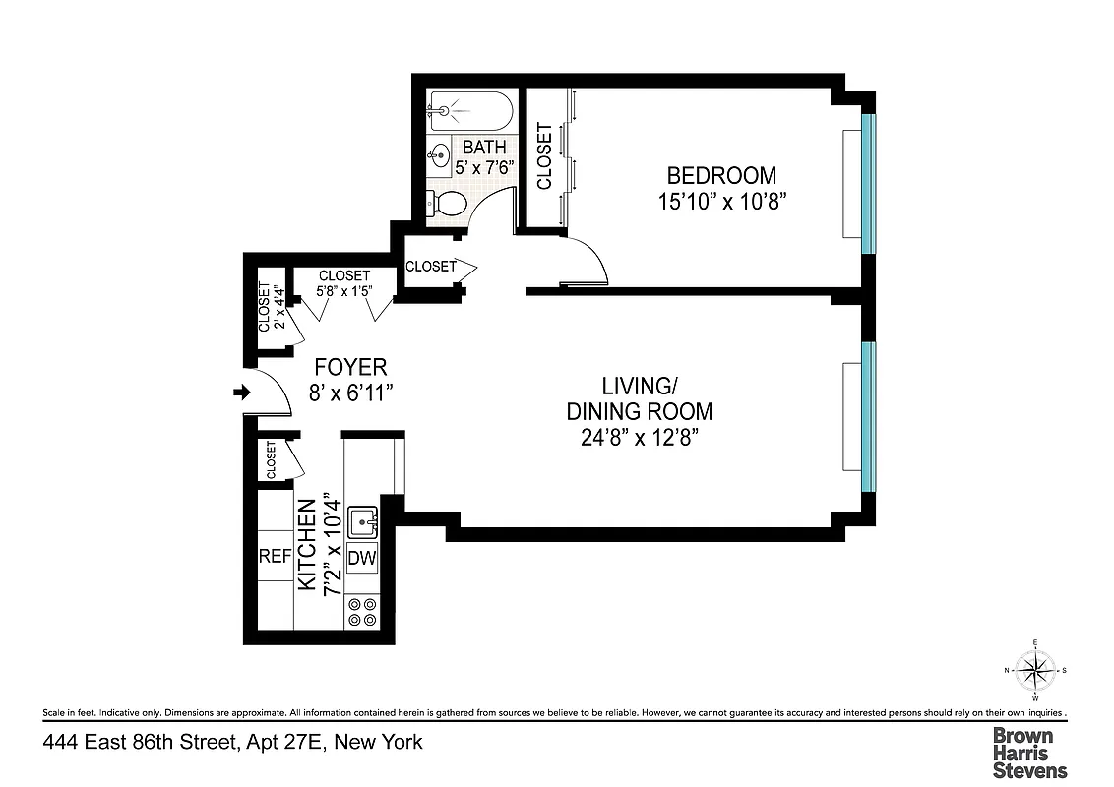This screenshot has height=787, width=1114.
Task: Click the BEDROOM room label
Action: click(721, 176)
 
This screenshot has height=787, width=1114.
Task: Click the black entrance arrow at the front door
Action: click(240, 393)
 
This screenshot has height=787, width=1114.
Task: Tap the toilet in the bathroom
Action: click(448, 205)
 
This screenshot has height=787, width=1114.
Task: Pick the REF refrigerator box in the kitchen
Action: click(275, 557)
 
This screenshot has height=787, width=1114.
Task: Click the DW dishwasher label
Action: click(362, 558)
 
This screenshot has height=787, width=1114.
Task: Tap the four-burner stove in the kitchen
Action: click(362, 613)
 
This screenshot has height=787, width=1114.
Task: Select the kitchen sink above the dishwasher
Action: click(363, 520)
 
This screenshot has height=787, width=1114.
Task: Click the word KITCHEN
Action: click(307, 546)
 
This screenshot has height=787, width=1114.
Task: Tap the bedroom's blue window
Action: click(868, 183)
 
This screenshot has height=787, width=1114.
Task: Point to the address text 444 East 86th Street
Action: click(232, 742)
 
